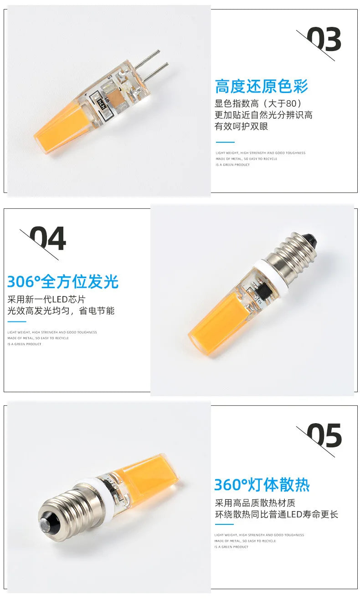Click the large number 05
(x=324, y=436)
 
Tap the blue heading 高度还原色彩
(x=262, y=86)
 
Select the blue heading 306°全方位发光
(x=63, y=282)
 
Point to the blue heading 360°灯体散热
(x=262, y=485)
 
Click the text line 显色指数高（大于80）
(x=258, y=104)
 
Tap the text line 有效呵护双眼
(x=242, y=126)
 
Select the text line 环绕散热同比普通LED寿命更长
(x=277, y=514)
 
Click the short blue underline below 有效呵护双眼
(x=225, y=142)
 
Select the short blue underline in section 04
(x=17, y=322)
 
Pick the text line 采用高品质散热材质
(x=255, y=503)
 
